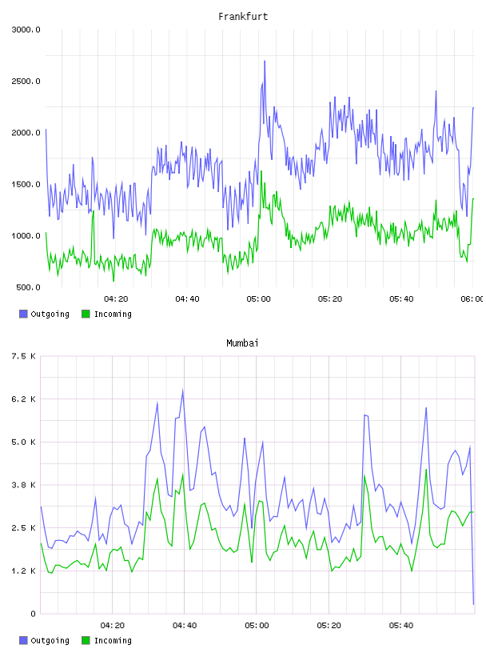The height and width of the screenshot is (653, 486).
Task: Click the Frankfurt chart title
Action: (x=243, y=17)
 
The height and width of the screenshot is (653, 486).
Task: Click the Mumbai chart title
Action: (x=242, y=343)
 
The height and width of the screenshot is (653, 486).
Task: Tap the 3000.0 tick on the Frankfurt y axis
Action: (x=26, y=30)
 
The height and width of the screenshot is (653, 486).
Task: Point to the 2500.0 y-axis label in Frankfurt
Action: (x=26, y=81)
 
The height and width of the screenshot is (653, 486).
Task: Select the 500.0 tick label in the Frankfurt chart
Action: (x=28, y=287)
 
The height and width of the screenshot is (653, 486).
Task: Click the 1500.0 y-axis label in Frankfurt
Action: (x=26, y=185)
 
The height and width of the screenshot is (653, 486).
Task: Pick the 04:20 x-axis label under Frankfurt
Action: (x=116, y=299)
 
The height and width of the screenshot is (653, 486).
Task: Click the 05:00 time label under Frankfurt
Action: (x=258, y=299)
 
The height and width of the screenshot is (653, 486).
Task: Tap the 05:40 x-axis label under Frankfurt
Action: (x=401, y=299)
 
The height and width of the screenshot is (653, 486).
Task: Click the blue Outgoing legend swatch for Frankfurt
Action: (x=23, y=314)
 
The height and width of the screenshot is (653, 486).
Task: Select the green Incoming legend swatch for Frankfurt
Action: (x=86, y=314)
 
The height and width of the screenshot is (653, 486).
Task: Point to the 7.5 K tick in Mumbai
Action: (x=24, y=356)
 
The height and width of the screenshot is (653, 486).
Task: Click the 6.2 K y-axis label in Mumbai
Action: (x=24, y=399)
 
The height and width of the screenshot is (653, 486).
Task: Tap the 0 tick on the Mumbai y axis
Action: (x=33, y=614)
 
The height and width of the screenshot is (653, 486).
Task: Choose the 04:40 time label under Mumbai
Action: (x=185, y=626)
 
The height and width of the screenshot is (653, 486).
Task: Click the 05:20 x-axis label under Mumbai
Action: (x=329, y=626)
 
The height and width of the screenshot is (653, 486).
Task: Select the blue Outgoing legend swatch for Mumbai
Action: (x=23, y=640)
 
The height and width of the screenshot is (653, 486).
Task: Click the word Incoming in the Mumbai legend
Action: (x=113, y=640)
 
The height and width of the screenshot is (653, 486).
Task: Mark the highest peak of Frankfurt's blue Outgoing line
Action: (x=265, y=61)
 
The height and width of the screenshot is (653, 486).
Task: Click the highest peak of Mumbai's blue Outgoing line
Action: (x=183, y=390)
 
